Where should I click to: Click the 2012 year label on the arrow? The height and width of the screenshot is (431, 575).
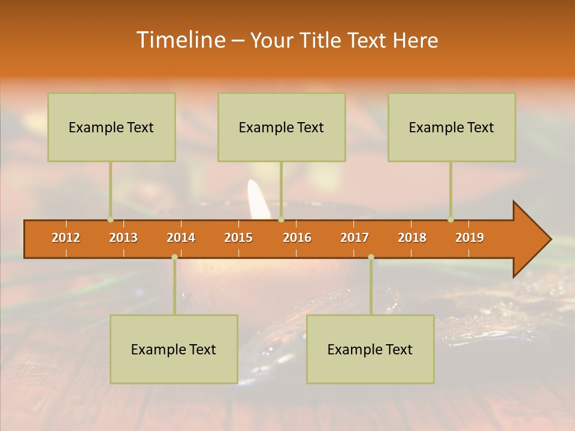(66, 238)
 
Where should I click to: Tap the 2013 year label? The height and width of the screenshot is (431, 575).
(123, 238)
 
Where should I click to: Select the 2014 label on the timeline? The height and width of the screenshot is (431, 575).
(181, 238)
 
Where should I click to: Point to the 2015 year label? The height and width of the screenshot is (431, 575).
(238, 238)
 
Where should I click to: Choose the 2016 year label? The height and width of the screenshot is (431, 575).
(297, 238)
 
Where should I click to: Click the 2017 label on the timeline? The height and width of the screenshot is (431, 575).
(355, 238)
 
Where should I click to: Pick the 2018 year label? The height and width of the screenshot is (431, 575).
(412, 238)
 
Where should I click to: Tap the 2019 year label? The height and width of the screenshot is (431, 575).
(470, 238)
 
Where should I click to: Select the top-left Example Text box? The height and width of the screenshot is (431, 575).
(111, 127)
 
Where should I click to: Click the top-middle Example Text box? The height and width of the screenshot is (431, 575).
(282, 127)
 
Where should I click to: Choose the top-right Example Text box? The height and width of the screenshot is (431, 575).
(452, 127)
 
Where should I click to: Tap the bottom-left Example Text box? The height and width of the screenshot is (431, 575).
(174, 349)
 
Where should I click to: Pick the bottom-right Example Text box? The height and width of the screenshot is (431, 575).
(370, 349)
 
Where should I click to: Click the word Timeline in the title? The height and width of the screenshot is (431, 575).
(180, 40)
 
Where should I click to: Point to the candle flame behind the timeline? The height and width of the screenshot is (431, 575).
(258, 198)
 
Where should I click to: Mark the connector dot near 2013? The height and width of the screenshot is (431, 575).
(110, 220)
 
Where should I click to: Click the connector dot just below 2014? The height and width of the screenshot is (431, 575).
(174, 257)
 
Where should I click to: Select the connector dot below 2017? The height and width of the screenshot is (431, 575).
(371, 257)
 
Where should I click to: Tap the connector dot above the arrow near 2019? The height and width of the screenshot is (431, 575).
(450, 220)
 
